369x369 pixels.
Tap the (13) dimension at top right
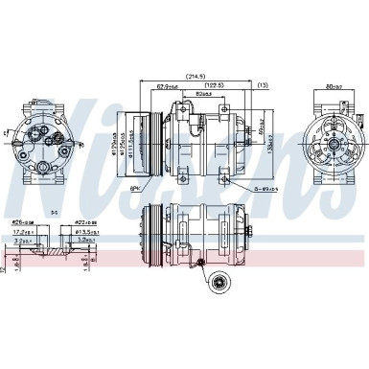[x=262, y=84]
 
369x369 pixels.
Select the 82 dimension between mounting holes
[x=203, y=95]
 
